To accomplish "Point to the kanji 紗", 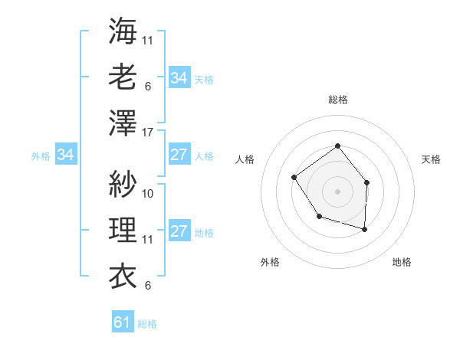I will coord(123,184).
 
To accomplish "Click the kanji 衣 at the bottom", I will coord(123,274).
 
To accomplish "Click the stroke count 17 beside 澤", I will coord(148,132).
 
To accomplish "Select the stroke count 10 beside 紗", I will coord(148,193).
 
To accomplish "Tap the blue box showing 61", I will coord(123,322).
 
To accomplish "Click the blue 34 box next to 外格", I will coord(65,155).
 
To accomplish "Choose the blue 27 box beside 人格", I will coord(179,155).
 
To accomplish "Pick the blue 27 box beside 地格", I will coord(179,231).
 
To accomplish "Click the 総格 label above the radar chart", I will coord(337,100).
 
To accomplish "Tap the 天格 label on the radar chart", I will coord(431,159).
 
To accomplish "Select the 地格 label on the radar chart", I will coord(402,263).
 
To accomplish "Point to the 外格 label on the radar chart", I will coord(270,263).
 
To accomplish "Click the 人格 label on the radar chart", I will coord(245,159).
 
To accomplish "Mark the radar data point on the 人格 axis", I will coord(294,178).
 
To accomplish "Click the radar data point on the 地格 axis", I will coord(365,229).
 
